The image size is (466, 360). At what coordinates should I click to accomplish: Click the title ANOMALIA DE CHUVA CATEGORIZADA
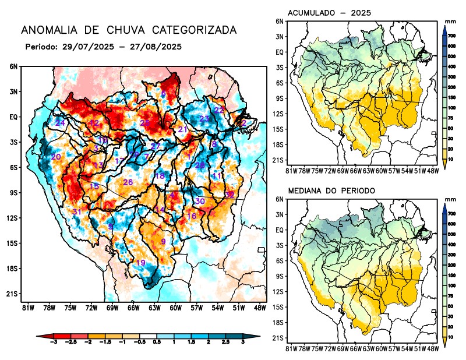[x=129, y=30]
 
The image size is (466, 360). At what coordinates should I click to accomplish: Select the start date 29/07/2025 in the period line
[x=84, y=46]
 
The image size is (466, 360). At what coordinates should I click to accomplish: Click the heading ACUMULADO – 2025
[x=330, y=13]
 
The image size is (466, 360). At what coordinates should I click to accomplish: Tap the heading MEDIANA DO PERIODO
[x=331, y=190]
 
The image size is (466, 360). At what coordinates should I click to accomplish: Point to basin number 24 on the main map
[x=60, y=123]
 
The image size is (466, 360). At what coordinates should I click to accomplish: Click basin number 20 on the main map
[x=56, y=157]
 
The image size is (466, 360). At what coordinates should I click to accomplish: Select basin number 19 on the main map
[x=140, y=263]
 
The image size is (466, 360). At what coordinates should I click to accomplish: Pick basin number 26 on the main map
[x=128, y=182]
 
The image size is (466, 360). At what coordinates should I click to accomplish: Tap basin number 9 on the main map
[x=164, y=241]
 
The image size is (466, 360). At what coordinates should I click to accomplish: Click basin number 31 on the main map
[x=77, y=211]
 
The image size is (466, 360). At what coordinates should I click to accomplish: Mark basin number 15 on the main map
[x=94, y=186]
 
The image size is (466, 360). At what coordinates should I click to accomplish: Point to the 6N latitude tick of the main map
[x=13, y=66]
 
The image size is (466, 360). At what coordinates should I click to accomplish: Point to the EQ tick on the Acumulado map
[x=280, y=52]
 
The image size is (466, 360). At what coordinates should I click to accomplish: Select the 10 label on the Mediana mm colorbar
[x=451, y=337]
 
